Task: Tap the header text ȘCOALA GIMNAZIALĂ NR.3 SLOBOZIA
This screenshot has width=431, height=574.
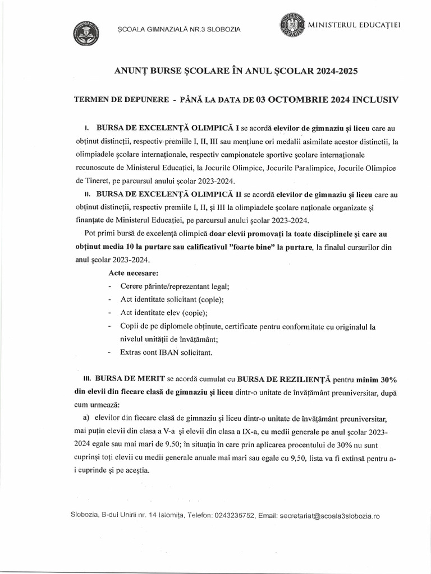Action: pyautogui.click(x=177, y=29)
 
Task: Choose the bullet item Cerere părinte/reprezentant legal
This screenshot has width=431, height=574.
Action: pyautogui.click(x=174, y=286)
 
